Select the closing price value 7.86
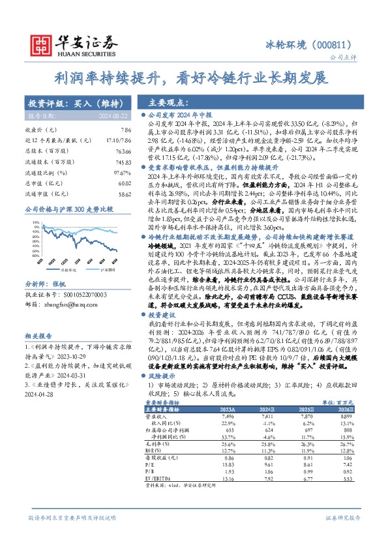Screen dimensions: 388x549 click(117, 130)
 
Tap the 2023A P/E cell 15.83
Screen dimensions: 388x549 click(228, 464)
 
